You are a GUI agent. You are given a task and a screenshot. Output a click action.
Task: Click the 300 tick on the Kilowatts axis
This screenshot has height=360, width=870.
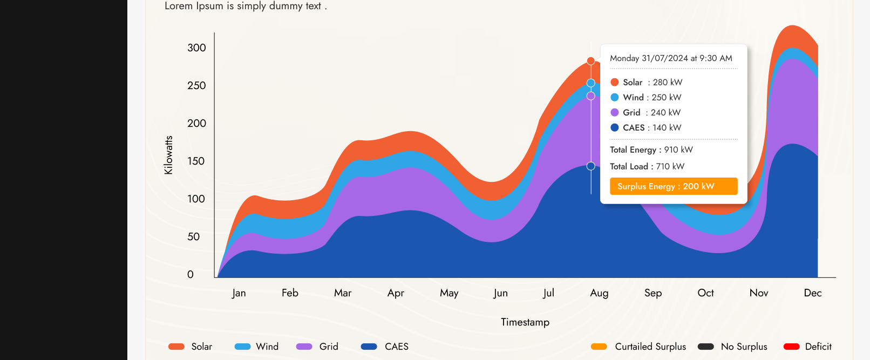point(196,48)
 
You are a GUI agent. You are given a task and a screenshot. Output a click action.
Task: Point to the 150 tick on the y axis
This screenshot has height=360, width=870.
point(196,161)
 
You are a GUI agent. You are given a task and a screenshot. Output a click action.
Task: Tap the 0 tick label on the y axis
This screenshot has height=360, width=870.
point(191,275)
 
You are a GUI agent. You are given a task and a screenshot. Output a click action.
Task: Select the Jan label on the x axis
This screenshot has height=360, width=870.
point(239,293)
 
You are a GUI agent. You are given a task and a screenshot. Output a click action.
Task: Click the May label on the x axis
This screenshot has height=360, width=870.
point(449,293)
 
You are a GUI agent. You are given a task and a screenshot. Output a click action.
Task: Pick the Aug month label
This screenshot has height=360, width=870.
point(599,293)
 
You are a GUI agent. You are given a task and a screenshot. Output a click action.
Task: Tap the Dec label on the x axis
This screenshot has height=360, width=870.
point(813,293)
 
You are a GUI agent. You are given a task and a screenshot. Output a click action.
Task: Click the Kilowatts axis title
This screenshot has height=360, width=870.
point(168,155)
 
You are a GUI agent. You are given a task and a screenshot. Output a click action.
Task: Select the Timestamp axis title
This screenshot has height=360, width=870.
point(525,322)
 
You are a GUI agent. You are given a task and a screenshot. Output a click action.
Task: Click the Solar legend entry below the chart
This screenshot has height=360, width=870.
point(191,347)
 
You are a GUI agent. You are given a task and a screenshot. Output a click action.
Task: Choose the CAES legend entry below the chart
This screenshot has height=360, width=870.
point(385,347)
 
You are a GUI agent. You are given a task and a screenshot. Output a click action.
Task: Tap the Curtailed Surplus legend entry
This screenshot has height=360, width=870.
point(638,347)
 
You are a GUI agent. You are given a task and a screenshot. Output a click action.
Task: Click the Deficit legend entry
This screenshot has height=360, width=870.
point(807,347)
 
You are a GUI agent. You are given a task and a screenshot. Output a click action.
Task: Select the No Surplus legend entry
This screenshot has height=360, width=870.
point(732,347)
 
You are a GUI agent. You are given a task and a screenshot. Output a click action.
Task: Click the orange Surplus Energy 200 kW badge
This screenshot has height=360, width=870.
point(674,186)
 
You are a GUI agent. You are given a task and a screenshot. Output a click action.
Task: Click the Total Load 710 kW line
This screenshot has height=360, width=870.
point(647,167)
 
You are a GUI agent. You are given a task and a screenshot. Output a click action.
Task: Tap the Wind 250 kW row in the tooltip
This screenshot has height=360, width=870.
point(646,98)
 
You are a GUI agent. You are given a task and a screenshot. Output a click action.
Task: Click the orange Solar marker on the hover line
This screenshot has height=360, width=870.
point(591,61)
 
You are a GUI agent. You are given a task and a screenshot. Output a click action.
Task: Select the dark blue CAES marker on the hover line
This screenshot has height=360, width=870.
point(591,166)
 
